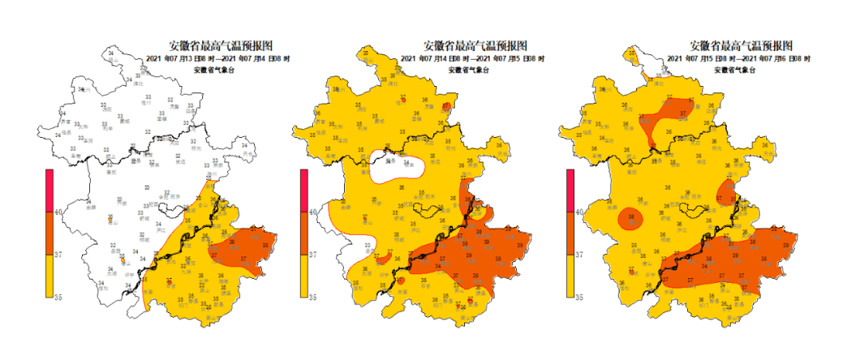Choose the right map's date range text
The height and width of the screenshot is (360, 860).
(738, 58)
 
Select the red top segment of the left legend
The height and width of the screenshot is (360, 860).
(49, 190)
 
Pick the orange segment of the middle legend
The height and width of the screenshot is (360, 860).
(304, 233)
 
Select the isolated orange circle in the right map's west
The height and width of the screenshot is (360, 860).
(631, 216)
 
